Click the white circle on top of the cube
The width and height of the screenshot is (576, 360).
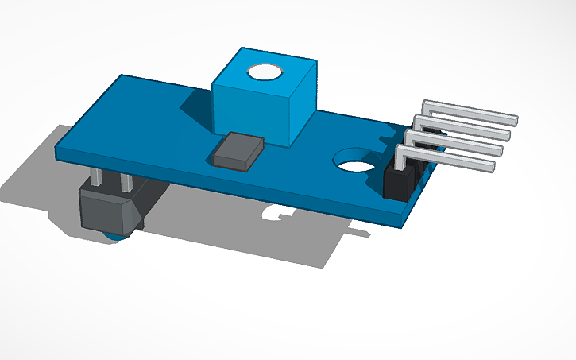(x=265, y=72)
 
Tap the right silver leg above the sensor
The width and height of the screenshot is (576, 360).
(x=125, y=182)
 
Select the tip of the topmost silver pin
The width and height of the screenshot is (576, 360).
(x=514, y=119)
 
